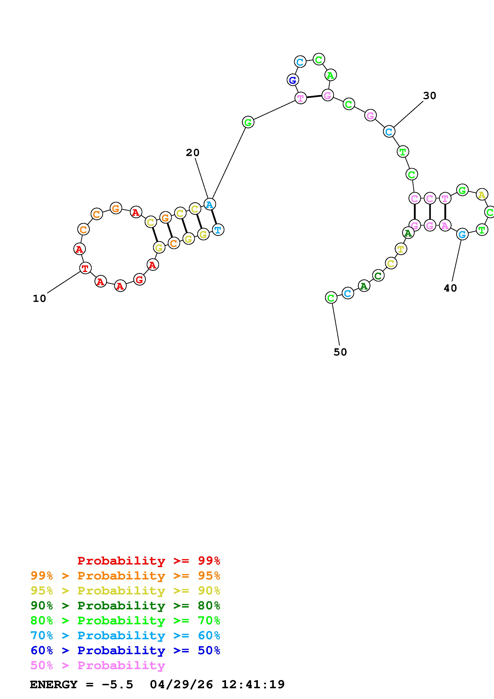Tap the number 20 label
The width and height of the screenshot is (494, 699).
tap(193, 152)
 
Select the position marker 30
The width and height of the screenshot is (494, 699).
tap(429, 96)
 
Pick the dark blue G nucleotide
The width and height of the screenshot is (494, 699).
tap(293, 80)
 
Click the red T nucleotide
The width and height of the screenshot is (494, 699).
tap(85, 268)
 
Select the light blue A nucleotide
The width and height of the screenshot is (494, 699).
tap(209, 204)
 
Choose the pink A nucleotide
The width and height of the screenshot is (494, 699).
tap(445, 225)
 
